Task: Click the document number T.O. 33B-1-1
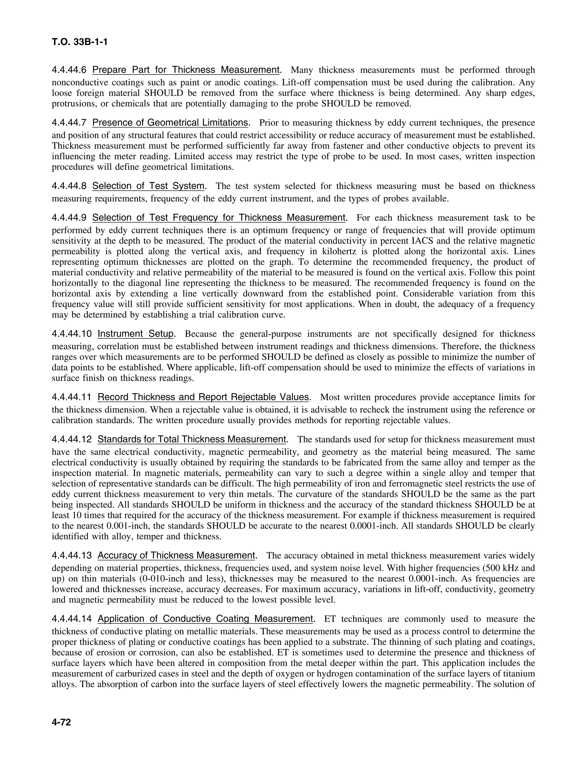pos(80,42)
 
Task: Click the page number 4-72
pos(61,722)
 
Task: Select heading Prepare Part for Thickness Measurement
pos(186,70)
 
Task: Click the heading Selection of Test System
pos(148,186)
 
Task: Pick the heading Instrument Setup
pos(136,334)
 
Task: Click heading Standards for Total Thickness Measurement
pos(192,439)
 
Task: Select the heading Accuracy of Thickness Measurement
pos(176,556)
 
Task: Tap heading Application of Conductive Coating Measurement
pos(205,619)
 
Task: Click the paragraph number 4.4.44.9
pos(69,218)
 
